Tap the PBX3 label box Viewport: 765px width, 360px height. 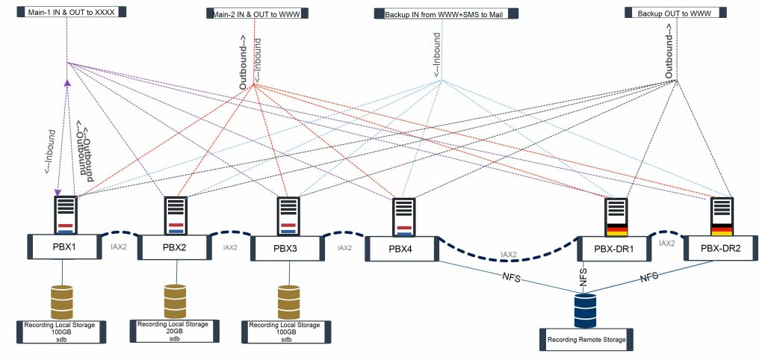click(x=286, y=248)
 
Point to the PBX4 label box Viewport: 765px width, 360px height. click(x=400, y=249)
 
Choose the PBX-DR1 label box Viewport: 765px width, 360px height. click(x=614, y=248)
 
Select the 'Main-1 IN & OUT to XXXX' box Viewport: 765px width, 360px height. click(x=66, y=12)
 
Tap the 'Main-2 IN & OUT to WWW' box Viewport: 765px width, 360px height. click(x=255, y=13)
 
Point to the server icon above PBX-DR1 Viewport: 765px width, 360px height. click(x=617, y=214)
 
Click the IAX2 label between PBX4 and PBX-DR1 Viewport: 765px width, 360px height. click(x=509, y=255)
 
